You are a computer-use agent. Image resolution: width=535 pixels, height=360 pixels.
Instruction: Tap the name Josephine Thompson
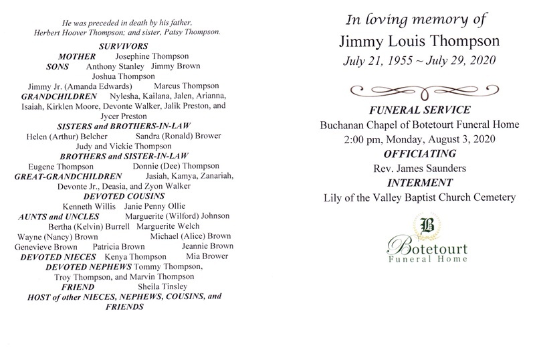pyautogui.click(x=151, y=56)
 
